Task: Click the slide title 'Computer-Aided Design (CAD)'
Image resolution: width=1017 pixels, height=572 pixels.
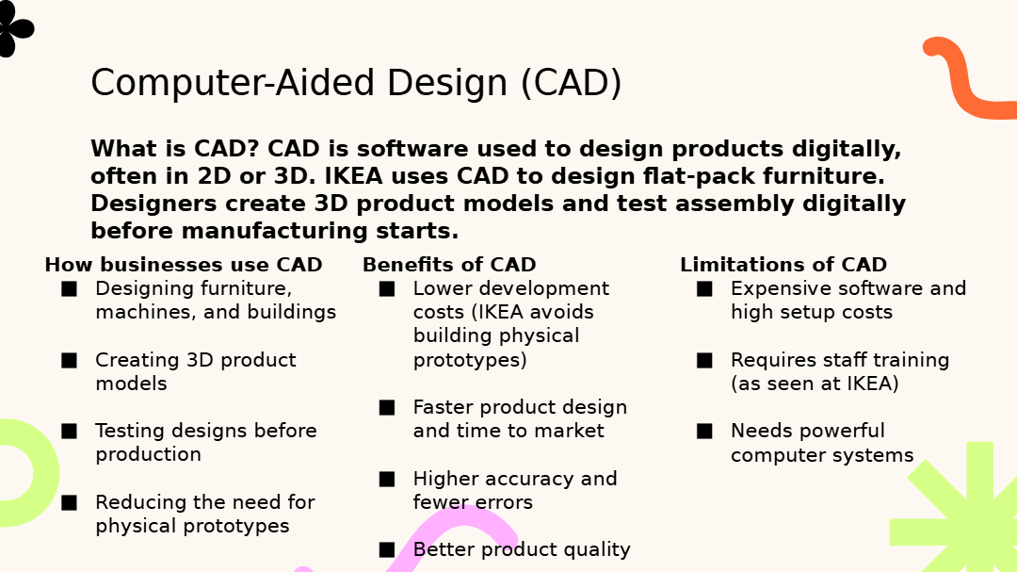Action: point(356,83)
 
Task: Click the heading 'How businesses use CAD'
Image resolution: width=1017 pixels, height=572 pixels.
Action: point(184,265)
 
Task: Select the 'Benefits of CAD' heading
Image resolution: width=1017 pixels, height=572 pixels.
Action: point(449,265)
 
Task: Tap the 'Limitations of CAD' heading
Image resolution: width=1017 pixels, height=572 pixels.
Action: point(783,265)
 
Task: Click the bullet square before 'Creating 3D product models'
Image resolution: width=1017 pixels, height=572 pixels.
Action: point(69,360)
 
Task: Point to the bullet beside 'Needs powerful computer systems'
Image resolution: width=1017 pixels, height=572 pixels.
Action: point(704,431)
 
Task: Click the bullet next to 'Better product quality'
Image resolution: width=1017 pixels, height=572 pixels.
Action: point(387,550)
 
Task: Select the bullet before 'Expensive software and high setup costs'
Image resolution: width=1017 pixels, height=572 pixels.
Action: point(704,289)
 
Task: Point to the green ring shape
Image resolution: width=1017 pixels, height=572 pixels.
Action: point(45,473)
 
